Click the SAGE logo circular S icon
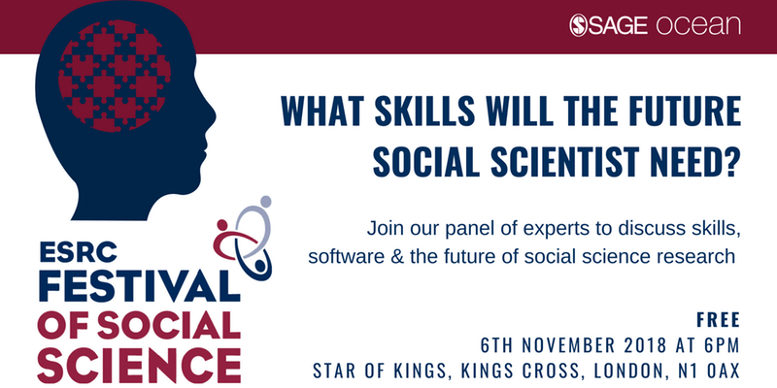[x=578, y=25]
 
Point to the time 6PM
[x=724, y=345]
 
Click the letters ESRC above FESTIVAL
[x=79, y=253]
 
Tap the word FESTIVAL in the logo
[x=139, y=287]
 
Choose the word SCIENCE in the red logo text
[x=139, y=368]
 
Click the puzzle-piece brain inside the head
[x=115, y=76]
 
